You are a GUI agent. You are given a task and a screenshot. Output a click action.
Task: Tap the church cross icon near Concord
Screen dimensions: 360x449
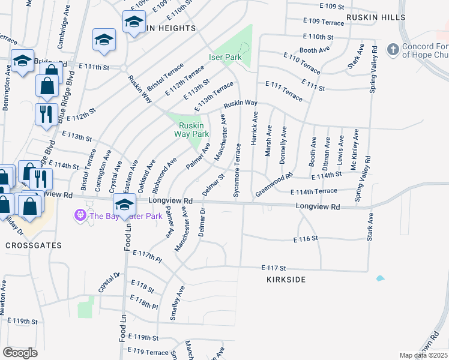point(393,48)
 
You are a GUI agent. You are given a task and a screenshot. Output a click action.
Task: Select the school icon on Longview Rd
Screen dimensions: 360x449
point(124,205)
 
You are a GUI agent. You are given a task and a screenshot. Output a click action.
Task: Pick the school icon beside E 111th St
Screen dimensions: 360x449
point(23,61)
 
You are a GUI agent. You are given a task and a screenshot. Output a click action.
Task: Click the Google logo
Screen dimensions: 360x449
point(20,352)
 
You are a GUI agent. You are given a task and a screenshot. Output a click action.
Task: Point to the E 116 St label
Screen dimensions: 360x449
point(305,239)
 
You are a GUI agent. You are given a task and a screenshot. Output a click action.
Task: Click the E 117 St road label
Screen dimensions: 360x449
point(274,268)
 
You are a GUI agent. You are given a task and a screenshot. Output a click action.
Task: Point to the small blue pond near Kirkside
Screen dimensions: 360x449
point(379,278)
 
